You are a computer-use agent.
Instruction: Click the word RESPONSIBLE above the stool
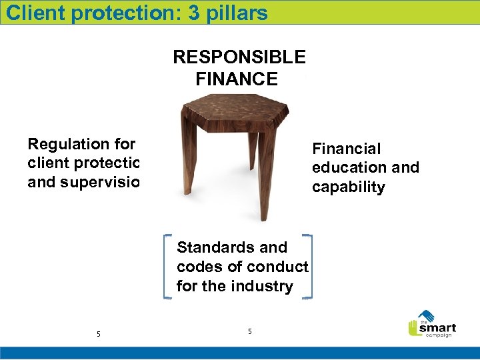point(239,57)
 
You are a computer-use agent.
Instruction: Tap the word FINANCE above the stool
point(237,79)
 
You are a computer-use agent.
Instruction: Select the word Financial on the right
point(347,149)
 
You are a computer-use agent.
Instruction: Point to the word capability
point(349,187)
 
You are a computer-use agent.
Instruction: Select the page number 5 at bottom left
point(99,334)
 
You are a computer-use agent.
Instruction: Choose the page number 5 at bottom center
point(249,331)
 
